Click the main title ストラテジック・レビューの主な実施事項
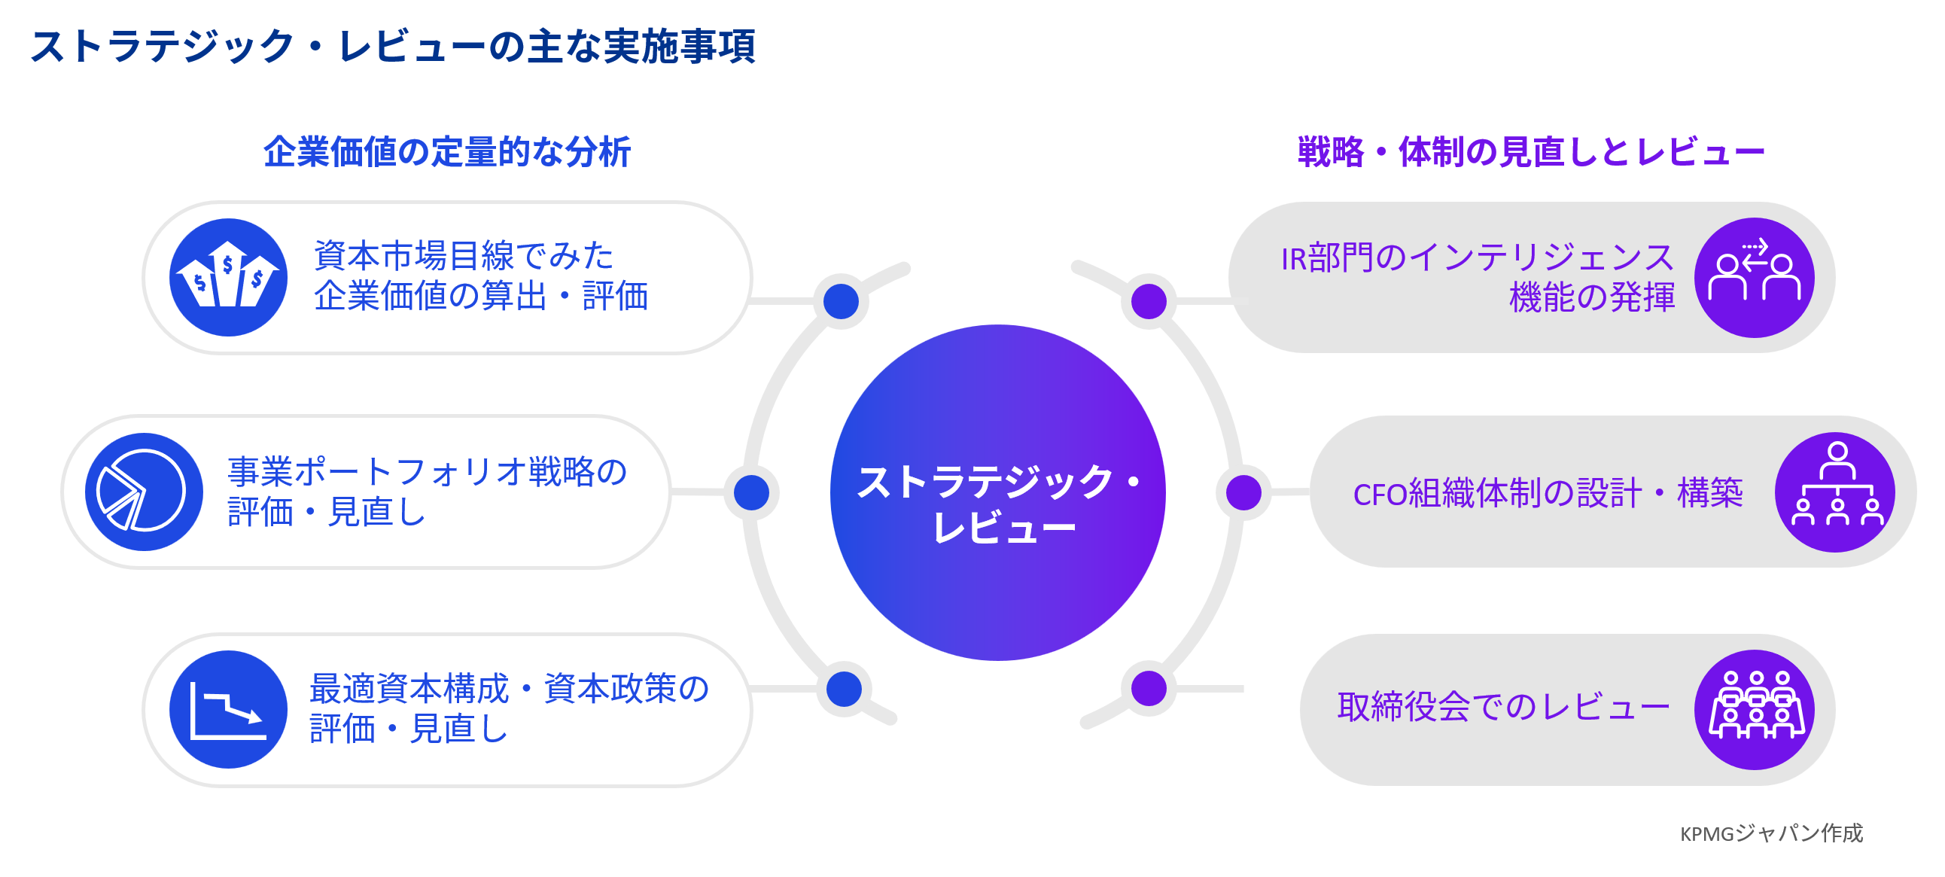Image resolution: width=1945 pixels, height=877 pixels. (x=393, y=47)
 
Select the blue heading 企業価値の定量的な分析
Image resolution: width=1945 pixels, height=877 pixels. (x=447, y=152)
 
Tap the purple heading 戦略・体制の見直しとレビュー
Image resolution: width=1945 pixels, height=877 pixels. (x=1530, y=152)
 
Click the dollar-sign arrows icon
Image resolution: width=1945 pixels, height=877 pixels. (x=228, y=278)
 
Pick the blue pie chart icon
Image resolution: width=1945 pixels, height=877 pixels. (x=144, y=492)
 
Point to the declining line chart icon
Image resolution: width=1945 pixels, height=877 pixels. (x=228, y=709)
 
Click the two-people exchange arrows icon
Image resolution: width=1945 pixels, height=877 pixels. (x=1754, y=277)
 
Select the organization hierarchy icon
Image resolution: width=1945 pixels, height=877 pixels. (x=1835, y=492)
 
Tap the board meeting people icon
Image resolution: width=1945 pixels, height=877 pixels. (x=1754, y=709)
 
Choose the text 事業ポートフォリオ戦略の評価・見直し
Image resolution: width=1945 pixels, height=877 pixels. (x=427, y=492)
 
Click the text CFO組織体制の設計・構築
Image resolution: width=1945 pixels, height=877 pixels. (x=1548, y=493)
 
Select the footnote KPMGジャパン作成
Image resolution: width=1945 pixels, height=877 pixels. (x=1771, y=833)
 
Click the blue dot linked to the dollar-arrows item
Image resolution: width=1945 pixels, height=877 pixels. (x=841, y=301)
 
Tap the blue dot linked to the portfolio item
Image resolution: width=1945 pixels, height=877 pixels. (x=751, y=492)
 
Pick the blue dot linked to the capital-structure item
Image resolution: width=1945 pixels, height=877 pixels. (x=844, y=689)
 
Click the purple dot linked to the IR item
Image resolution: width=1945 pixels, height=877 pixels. (x=1149, y=301)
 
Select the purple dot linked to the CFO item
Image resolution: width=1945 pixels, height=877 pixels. (x=1243, y=492)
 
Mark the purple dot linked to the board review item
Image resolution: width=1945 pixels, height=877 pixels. (x=1149, y=689)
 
